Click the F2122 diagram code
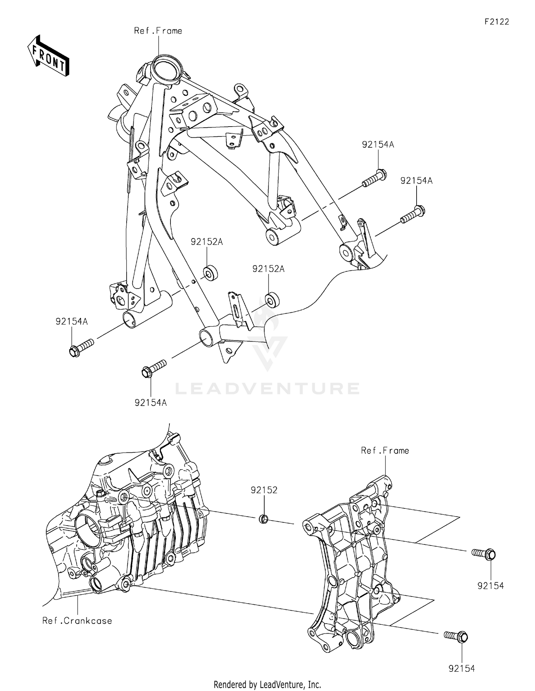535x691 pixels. coord(496,22)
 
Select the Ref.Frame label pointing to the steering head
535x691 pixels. coord(158,31)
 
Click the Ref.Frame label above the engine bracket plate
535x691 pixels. coord(385,451)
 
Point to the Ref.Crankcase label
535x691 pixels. coord(77,621)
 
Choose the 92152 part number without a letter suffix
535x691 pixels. coord(264,490)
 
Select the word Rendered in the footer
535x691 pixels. coord(228,685)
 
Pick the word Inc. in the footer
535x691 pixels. coord(314,685)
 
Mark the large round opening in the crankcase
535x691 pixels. coord(87,528)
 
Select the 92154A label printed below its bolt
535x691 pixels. coord(151,403)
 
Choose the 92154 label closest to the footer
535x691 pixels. coord(462,668)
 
